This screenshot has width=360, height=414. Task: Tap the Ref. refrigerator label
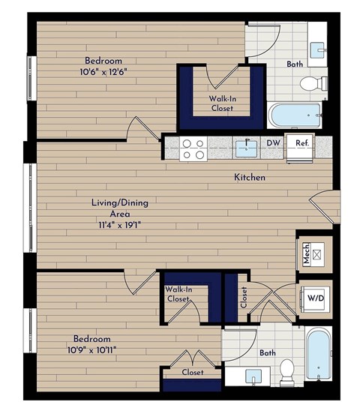[x=301, y=142]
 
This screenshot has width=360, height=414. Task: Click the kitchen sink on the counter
[x=246, y=148]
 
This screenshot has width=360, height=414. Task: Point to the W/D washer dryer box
[x=316, y=298]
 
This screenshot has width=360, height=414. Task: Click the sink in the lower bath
[x=253, y=374]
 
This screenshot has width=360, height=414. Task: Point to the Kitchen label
[x=250, y=178]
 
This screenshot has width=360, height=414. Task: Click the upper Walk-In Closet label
[x=221, y=103]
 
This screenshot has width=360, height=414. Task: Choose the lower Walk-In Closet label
[x=178, y=294]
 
